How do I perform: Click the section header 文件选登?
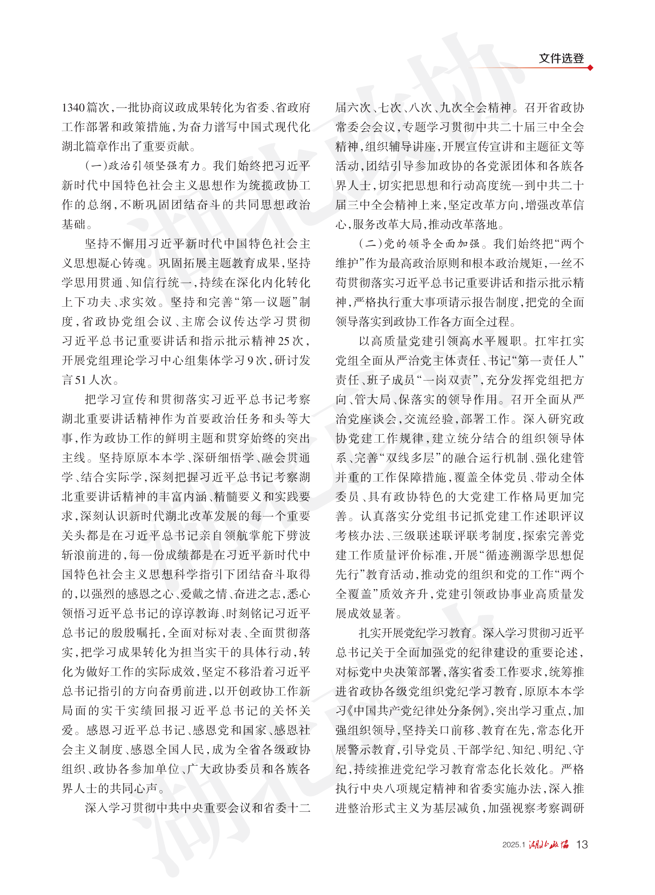pos(560,58)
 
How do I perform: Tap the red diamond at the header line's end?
pos(591,68)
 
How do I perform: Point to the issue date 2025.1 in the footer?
pos(514,845)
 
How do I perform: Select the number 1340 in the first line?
pos(73,108)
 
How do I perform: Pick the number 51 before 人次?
pos(81,380)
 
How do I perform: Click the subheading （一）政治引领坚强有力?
pos(143,166)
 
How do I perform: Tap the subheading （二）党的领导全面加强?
pos(419,244)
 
